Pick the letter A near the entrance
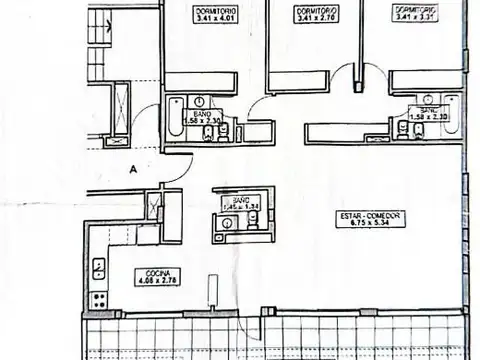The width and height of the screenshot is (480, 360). (131, 170)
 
